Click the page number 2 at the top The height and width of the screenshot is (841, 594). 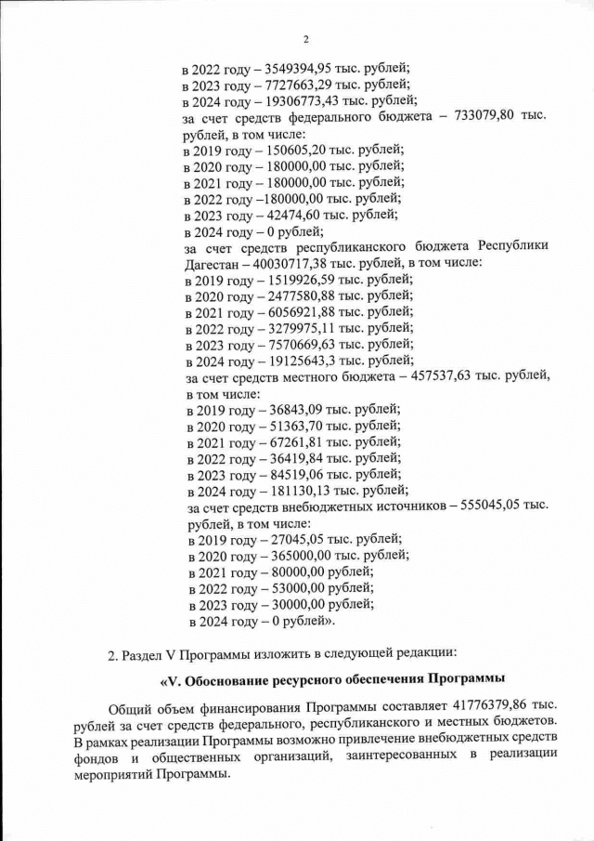click(x=303, y=39)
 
